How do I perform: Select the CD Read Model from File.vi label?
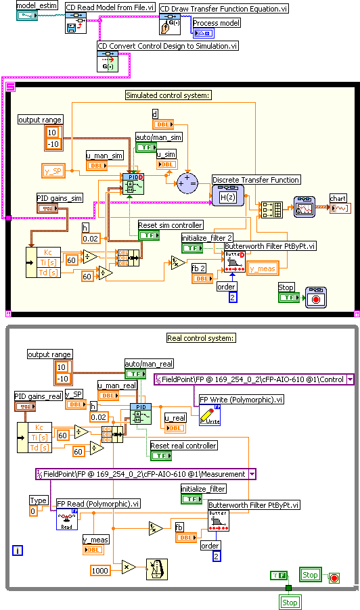[x=110, y=7]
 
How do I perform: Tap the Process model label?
[x=217, y=23]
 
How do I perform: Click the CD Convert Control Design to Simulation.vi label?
[x=168, y=46]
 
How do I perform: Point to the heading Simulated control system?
[x=168, y=95]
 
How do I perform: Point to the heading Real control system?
[x=200, y=338]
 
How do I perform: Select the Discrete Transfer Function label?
[x=256, y=180]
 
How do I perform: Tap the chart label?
[x=338, y=198]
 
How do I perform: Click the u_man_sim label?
[x=104, y=154]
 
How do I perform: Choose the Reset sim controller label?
[x=170, y=225]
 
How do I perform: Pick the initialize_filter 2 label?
[x=207, y=238]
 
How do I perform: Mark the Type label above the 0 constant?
[x=38, y=500]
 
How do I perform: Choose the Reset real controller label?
[x=183, y=446]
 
